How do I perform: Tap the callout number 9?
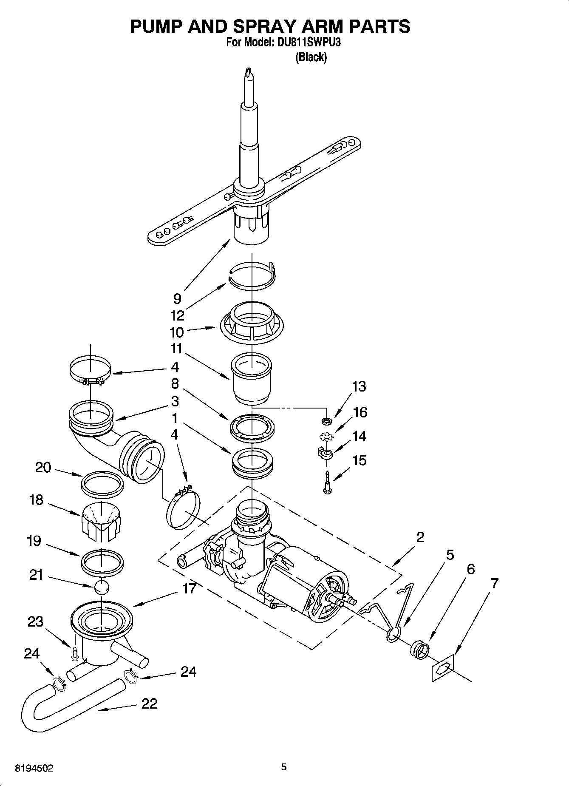[177, 298]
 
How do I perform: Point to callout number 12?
[177, 315]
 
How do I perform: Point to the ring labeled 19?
[102, 561]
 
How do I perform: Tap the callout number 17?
[190, 589]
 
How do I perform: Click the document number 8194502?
[34, 768]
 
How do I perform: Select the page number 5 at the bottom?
[284, 767]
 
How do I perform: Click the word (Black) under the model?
[311, 57]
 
